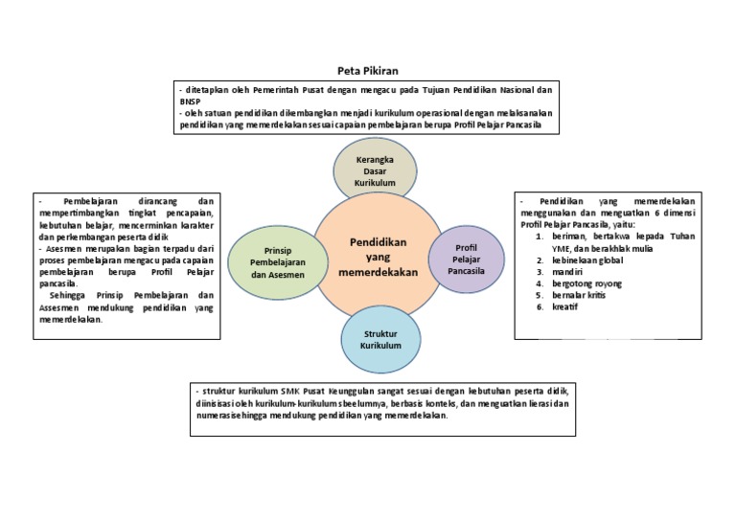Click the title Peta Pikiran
pos(368,71)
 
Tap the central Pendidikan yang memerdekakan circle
pos(378,257)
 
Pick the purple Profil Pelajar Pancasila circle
pos(466,259)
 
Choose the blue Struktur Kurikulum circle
pos(380,339)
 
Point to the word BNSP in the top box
pos(189,102)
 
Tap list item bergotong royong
pos(586,283)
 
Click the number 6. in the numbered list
pos(540,307)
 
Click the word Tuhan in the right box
pos(679,236)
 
